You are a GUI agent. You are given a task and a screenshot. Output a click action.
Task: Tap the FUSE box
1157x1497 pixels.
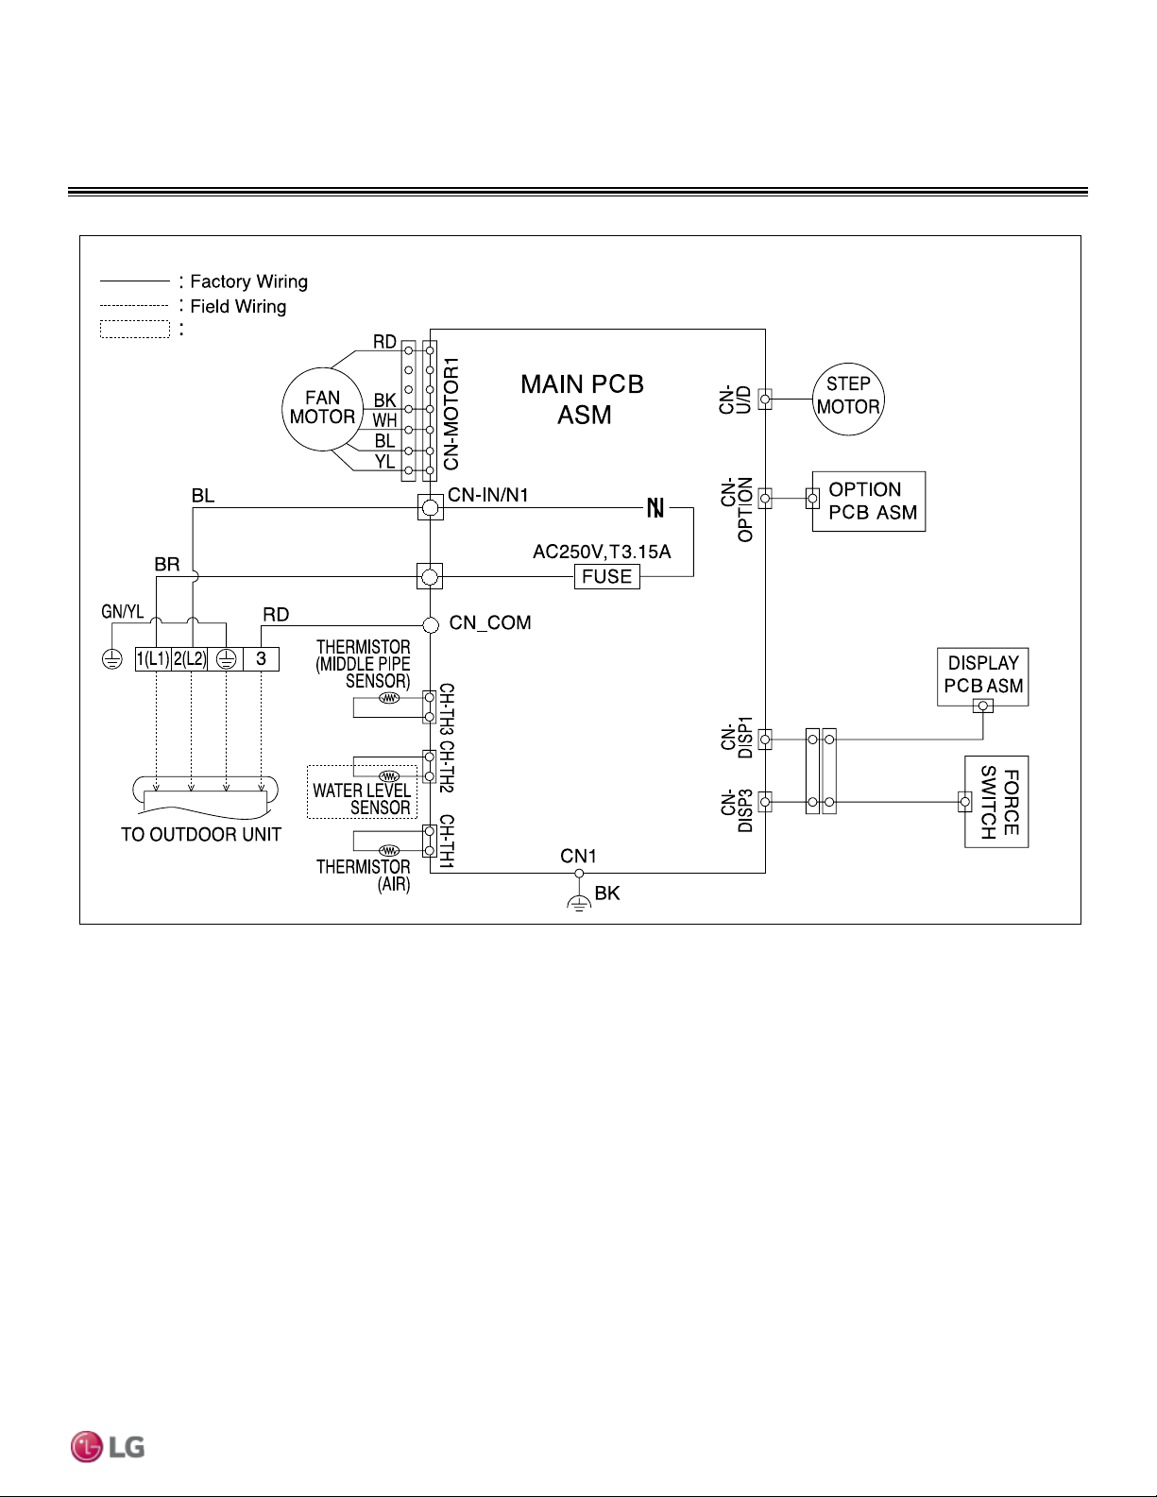[x=606, y=576]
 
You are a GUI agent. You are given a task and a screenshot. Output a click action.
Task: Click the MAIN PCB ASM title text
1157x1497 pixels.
[x=583, y=400]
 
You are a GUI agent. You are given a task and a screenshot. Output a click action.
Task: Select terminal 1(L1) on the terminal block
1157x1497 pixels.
[x=153, y=659]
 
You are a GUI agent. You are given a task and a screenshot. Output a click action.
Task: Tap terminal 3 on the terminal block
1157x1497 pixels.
[x=261, y=659]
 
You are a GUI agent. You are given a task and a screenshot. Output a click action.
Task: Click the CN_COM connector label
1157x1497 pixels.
[x=489, y=622]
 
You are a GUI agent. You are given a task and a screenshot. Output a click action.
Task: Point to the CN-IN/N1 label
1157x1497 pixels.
[x=487, y=495]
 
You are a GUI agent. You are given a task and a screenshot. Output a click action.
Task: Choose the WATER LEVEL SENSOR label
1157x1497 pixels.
[x=362, y=799]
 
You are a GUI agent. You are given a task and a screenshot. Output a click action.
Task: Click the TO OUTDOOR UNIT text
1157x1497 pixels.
[x=201, y=834]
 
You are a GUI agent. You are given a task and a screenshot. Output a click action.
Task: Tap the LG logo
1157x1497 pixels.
[x=108, y=1447]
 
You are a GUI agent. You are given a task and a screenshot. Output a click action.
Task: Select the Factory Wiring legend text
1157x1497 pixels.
[x=248, y=281]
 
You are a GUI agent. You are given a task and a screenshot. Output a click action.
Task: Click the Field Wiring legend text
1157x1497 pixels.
[x=238, y=307]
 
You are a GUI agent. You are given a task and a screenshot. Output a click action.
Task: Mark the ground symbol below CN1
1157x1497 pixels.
[x=579, y=903]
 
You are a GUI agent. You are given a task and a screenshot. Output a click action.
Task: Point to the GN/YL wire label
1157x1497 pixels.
[x=123, y=612]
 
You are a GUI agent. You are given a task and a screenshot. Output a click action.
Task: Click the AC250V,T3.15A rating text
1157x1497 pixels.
[x=602, y=552]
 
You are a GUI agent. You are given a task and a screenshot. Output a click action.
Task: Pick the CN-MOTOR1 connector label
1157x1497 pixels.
[x=451, y=414]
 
